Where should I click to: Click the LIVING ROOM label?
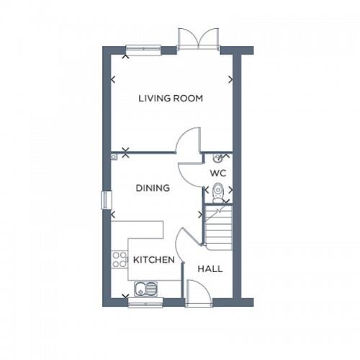click(171, 98)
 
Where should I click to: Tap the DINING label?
click(153, 188)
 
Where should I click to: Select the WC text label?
click(218, 174)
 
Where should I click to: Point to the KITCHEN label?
click(153, 259)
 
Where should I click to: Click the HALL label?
click(210, 269)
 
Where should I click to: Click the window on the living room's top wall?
click(143, 50)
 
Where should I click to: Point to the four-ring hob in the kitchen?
click(120, 259)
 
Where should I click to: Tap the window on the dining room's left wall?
click(106, 200)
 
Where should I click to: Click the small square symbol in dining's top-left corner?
click(114, 156)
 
